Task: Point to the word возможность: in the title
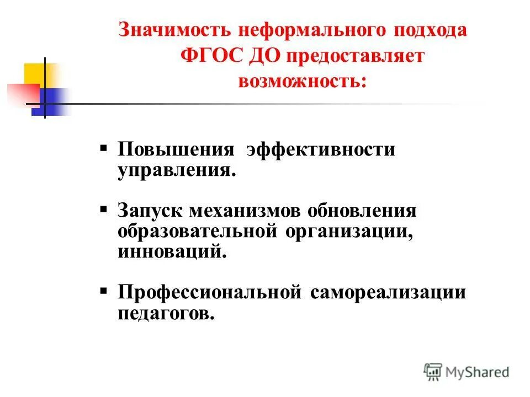pos(302,82)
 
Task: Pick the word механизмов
pos(246,211)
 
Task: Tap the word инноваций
pos(172,252)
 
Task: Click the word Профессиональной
pos(209,292)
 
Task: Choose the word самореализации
pos(388,292)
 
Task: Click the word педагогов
pos(165,313)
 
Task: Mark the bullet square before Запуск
pos(104,210)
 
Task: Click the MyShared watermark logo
pos(467,372)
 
